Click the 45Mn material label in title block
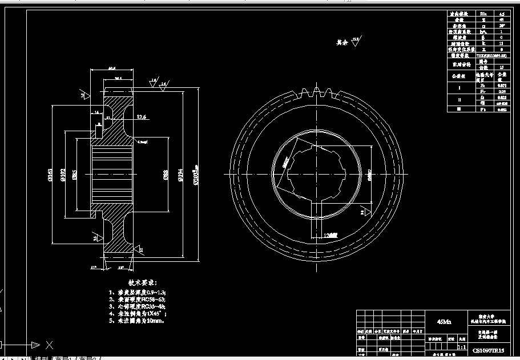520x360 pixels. click(x=444, y=322)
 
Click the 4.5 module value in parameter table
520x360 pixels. click(x=502, y=13)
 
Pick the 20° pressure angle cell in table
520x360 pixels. click(x=502, y=25)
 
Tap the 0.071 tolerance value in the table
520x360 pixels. click(x=502, y=85)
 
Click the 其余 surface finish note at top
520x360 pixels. click(x=342, y=42)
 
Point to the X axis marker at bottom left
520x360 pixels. click(x=49, y=345)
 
